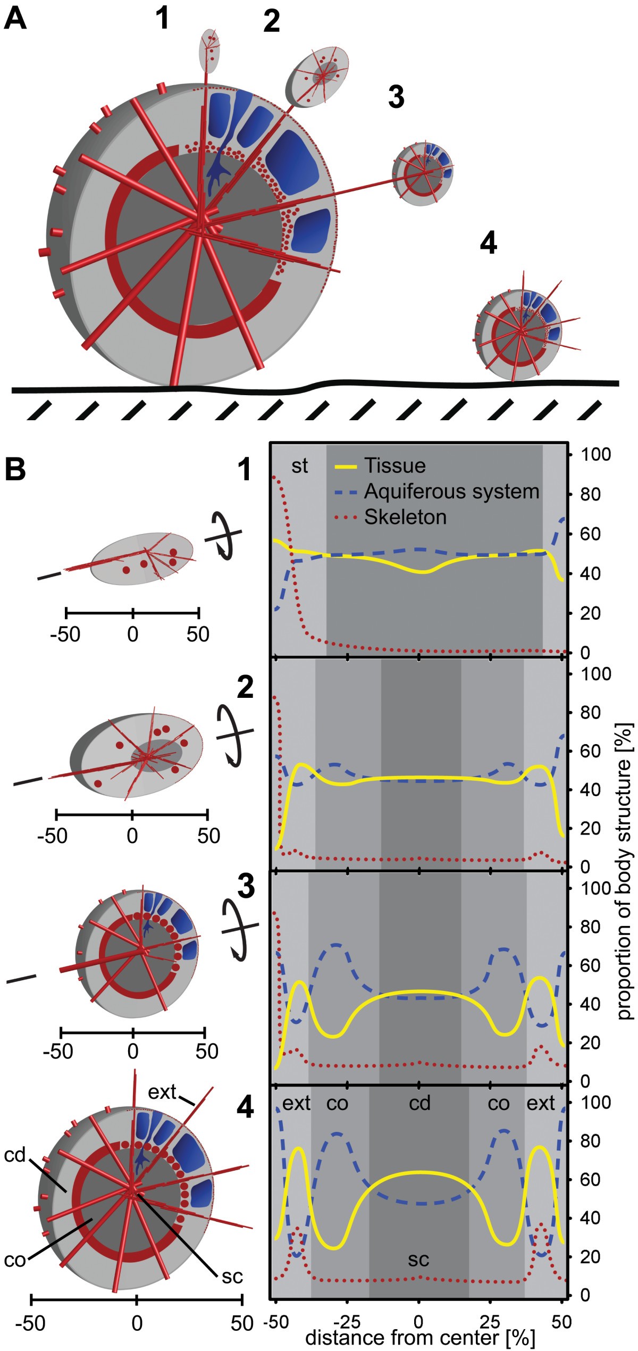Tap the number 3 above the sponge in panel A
(396, 97)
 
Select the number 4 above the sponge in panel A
(488, 243)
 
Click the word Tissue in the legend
(394, 466)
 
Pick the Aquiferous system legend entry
(451, 491)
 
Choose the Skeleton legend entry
(405, 517)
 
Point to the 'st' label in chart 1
(299, 466)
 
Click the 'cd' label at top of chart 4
(419, 1103)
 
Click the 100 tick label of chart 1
(595, 455)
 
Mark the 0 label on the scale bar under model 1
(132, 634)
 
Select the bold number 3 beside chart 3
(246, 887)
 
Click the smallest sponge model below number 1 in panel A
(209, 51)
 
